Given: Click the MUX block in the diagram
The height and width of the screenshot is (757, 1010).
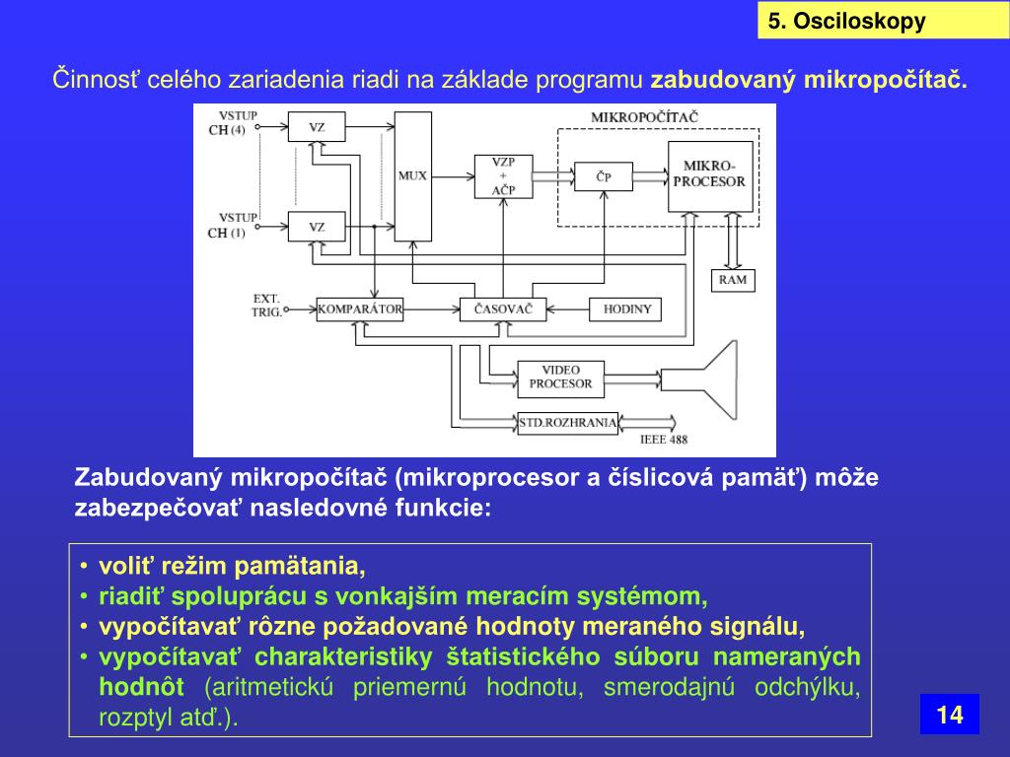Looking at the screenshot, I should click(x=412, y=175).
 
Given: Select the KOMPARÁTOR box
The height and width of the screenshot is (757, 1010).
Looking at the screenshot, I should click(x=360, y=310).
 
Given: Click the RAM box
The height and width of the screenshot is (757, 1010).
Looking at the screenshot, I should click(x=733, y=280).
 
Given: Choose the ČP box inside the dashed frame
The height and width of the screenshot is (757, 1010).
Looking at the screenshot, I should click(x=604, y=176).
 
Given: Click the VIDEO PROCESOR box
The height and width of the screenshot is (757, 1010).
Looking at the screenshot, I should click(x=560, y=377).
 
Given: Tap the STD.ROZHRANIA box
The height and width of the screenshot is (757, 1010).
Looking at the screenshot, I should click(x=568, y=424).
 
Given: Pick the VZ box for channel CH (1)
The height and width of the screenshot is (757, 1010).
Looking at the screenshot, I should click(x=317, y=227).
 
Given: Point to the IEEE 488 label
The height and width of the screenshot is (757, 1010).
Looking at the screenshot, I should click(x=664, y=440).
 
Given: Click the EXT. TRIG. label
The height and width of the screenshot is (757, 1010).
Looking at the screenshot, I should click(x=266, y=305).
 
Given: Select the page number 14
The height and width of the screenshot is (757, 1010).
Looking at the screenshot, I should click(x=949, y=715).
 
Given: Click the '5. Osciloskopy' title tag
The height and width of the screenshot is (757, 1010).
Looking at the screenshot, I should click(x=847, y=22).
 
